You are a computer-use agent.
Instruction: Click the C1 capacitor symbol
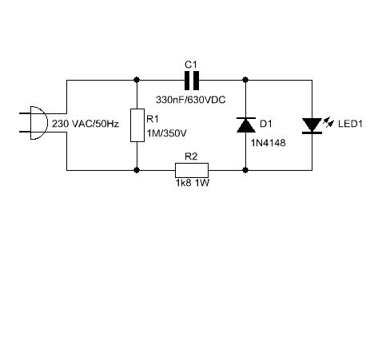[x=192, y=80]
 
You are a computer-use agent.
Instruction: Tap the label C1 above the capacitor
[x=191, y=65]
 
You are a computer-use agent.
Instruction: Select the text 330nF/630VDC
[x=191, y=100]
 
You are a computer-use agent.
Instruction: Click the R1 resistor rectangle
[x=137, y=125]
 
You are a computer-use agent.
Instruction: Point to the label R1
[x=153, y=119]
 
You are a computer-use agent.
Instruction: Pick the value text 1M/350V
[x=167, y=133]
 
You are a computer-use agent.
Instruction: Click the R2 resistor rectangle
[x=192, y=170]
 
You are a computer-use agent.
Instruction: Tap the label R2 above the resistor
[x=191, y=156]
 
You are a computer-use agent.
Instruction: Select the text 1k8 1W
[x=193, y=183]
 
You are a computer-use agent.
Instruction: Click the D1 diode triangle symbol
[x=246, y=125]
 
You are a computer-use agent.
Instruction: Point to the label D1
[x=266, y=124]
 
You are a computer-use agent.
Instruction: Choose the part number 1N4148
[x=268, y=143]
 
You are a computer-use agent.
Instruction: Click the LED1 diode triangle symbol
[x=312, y=126]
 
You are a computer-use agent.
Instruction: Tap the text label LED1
[x=350, y=124]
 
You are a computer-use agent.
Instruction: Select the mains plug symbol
[x=34, y=123]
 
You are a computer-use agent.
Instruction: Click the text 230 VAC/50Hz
[x=86, y=124]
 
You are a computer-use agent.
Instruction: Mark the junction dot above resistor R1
[x=137, y=80]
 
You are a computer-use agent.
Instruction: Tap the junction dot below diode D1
[x=245, y=170]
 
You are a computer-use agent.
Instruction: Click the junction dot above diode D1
[x=245, y=80]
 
